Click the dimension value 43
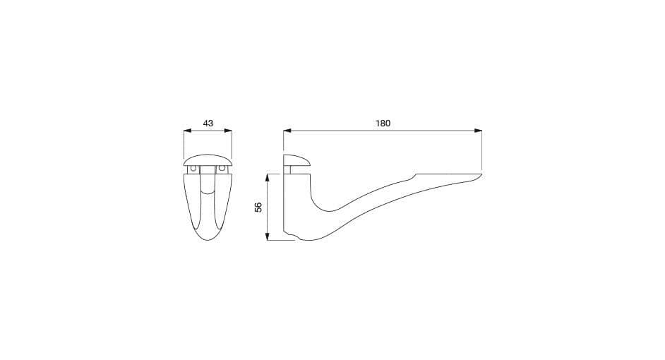click(x=208, y=124)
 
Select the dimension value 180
click(x=383, y=124)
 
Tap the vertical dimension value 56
click(x=258, y=208)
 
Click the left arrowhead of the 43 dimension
click(x=187, y=131)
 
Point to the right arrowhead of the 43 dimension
click(x=228, y=131)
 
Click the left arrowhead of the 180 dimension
click(x=287, y=131)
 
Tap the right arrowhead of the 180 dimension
click(x=479, y=131)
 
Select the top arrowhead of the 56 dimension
click(x=267, y=177)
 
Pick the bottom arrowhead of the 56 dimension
click(x=267, y=236)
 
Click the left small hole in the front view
click(x=194, y=169)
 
